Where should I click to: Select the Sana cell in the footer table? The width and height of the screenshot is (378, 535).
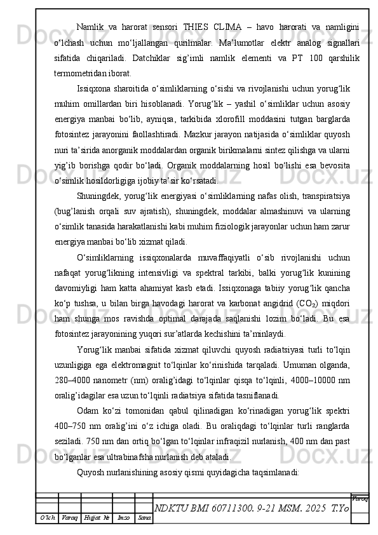point(145,518)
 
